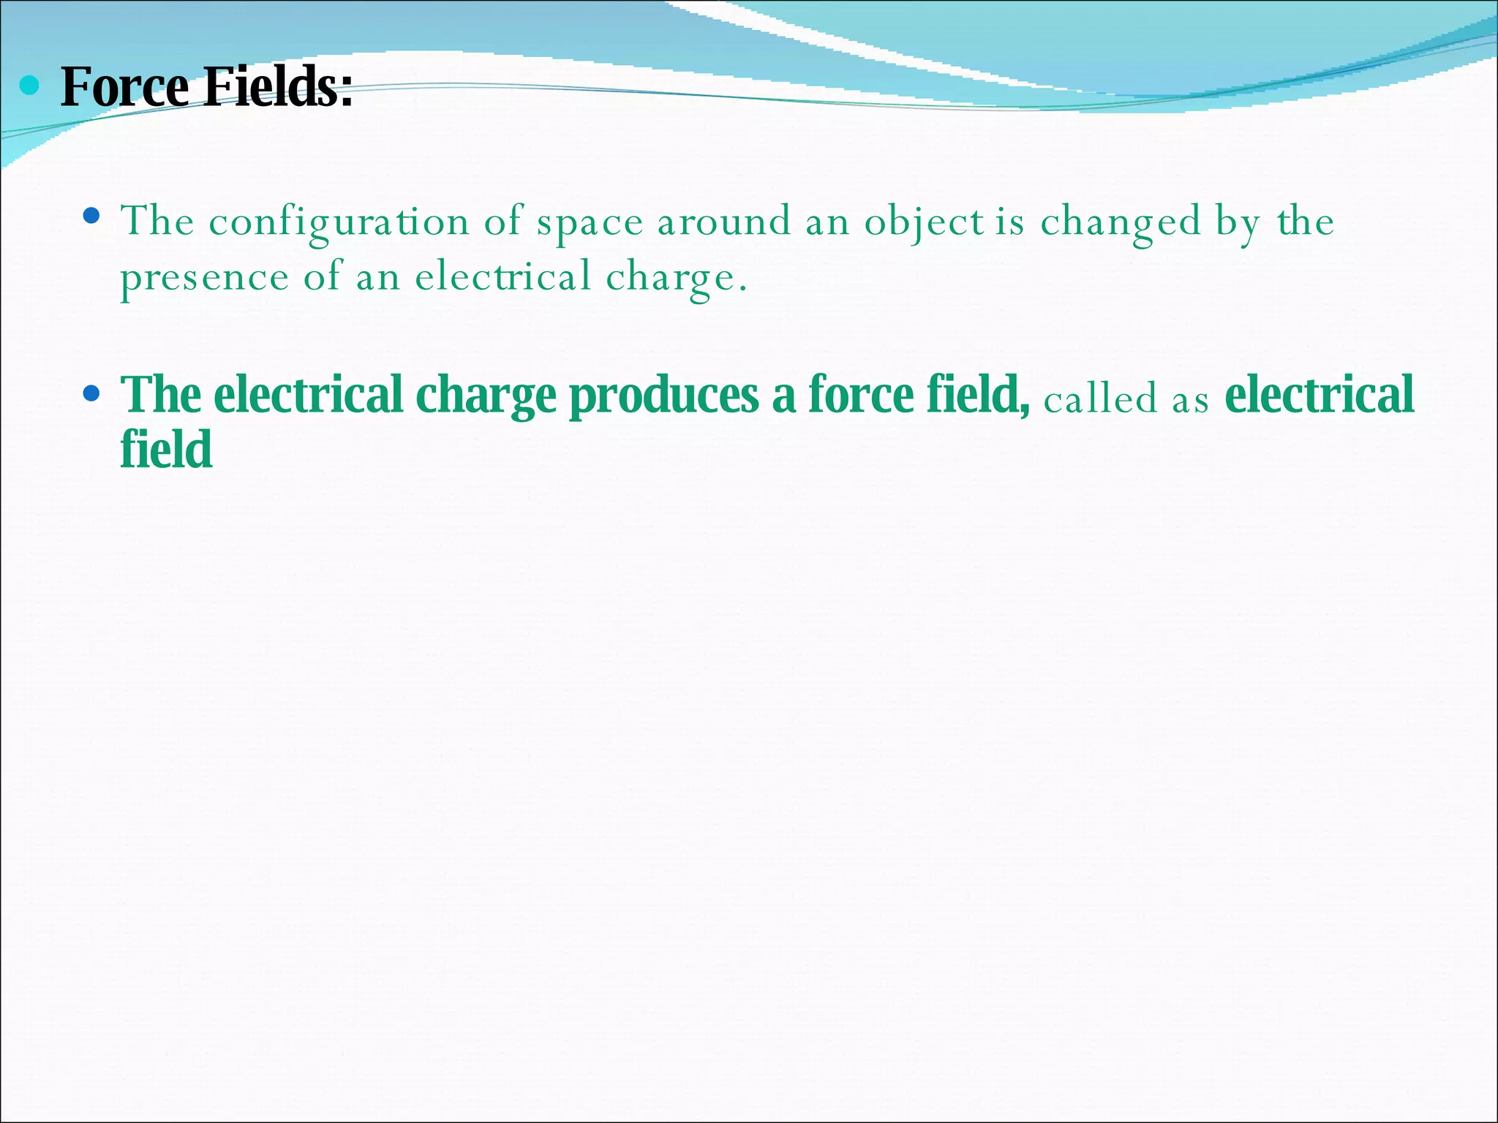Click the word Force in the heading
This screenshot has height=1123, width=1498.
tap(124, 87)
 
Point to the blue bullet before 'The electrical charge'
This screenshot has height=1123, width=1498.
tap(91, 394)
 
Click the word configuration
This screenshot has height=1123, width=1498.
tap(339, 222)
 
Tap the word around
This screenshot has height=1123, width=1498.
tap(724, 221)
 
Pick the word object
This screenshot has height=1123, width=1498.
tap(924, 222)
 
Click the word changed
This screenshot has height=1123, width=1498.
tap(1121, 222)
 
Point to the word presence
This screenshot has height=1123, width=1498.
tap(205, 278)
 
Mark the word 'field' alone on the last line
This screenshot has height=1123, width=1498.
tap(166, 449)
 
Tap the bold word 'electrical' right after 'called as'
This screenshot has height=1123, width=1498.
tap(1319, 396)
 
